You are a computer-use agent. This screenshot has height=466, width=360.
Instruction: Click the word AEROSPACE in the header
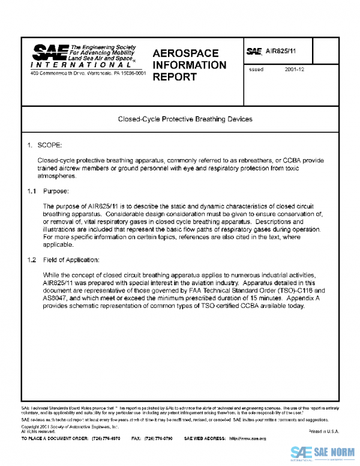click(185, 53)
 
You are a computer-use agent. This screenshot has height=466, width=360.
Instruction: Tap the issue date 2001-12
click(295, 70)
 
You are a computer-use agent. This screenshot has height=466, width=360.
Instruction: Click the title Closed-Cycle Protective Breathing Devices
click(185, 119)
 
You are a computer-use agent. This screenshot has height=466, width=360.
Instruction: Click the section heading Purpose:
click(56, 191)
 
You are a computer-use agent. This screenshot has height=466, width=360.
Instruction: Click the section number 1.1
click(31, 191)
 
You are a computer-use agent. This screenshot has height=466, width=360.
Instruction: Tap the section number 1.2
click(31, 260)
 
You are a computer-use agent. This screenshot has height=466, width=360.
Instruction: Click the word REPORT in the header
click(174, 77)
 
